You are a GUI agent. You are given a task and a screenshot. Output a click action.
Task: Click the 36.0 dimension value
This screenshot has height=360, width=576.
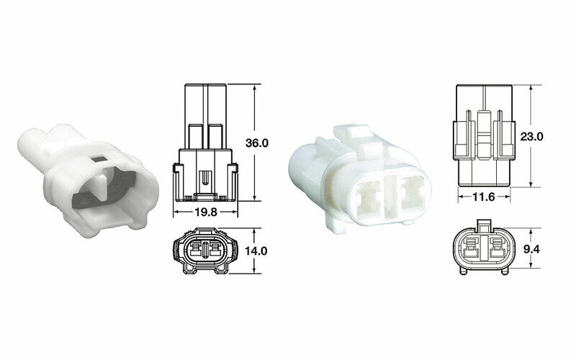(x=256, y=143)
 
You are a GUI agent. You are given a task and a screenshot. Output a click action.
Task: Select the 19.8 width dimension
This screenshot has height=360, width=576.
(x=205, y=212)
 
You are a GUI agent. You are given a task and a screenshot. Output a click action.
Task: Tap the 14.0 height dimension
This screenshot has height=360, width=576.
(x=256, y=251)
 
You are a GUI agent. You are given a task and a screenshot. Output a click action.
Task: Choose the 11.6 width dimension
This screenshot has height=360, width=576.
(x=482, y=197)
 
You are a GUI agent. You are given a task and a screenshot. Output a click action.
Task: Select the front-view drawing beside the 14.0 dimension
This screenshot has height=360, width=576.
(x=205, y=251)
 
